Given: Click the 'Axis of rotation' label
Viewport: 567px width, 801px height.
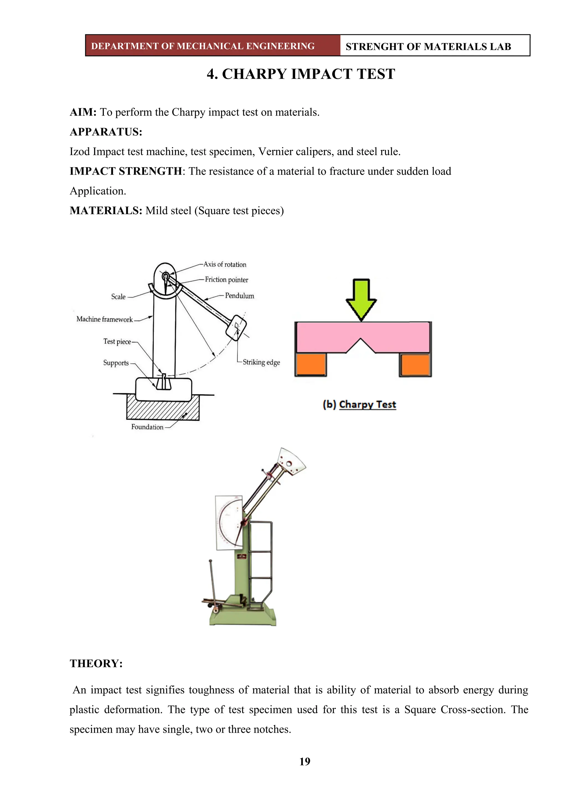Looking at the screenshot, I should (225, 264).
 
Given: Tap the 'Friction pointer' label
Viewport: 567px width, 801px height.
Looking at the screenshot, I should (226, 280).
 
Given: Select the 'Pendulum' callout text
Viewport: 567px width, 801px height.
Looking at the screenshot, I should (239, 296).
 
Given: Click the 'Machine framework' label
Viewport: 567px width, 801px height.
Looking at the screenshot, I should (104, 319).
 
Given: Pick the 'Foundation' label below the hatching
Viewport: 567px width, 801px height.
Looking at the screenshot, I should (147, 427).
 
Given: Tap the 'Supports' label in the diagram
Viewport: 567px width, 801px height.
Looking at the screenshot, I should (116, 363).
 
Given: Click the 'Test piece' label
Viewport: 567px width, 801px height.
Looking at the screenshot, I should (117, 342).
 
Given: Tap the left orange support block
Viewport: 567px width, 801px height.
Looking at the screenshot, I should (311, 365).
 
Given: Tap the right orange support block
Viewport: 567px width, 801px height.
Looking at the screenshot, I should (415, 365).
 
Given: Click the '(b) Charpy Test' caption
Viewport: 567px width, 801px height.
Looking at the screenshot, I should (359, 405).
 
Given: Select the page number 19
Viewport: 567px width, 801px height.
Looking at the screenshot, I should (305, 761).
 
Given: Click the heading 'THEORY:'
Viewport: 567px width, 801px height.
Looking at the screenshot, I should (96, 663).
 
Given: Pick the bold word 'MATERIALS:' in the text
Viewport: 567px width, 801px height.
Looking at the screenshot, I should (106, 211).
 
